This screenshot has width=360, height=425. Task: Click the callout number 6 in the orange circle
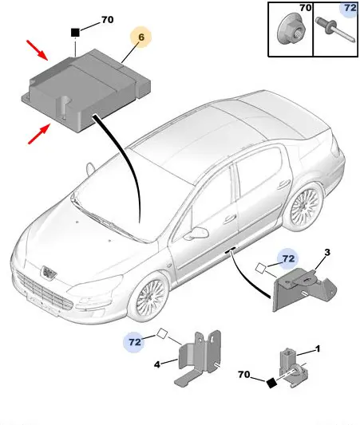pyautogui.click(x=141, y=37)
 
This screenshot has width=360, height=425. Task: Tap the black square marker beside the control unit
pyautogui.click(x=75, y=33)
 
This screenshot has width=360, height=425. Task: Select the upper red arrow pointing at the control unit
pyautogui.click(x=38, y=50)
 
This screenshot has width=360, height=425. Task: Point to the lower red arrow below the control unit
pyautogui.click(x=40, y=133)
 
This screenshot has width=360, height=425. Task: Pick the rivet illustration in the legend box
pyautogui.click(x=335, y=30)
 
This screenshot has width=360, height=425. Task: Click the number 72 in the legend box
pyautogui.click(x=350, y=8)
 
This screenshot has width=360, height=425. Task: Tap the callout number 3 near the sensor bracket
pyautogui.click(x=327, y=252)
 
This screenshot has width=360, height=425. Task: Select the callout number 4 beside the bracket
pyautogui.click(x=157, y=364)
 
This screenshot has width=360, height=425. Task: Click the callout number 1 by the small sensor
pyautogui.click(x=318, y=348)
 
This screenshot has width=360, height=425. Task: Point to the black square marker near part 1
pyautogui.click(x=271, y=383)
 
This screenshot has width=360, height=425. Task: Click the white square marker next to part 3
pyautogui.click(x=261, y=268)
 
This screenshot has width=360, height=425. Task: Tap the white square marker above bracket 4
pyautogui.click(x=162, y=333)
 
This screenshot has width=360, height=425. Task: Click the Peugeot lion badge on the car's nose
pyautogui.click(x=49, y=272)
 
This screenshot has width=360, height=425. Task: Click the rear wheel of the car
pyautogui.click(x=305, y=207)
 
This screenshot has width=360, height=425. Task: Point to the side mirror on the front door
pyautogui.click(x=197, y=233)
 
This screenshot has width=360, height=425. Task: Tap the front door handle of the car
pyautogui.click(x=230, y=219)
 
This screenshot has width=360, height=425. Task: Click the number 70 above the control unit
pyautogui.click(x=108, y=19)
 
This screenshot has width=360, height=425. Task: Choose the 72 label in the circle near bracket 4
pyautogui.click(x=135, y=342)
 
